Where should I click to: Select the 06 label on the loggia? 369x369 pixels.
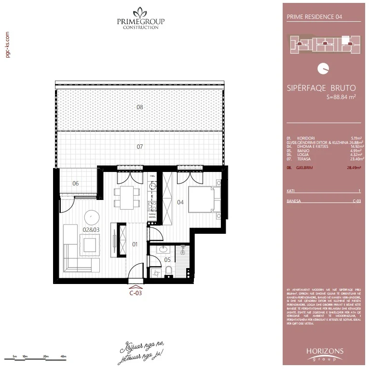(76, 183)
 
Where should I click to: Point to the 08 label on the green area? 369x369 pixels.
(139, 107)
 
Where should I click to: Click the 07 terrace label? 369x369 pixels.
(139, 146)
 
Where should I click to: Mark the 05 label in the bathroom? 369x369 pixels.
(167, 259)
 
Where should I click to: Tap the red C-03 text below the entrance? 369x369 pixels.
(135, 293)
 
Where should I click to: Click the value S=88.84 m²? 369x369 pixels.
(341, 97)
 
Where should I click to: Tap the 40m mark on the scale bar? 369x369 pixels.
(63, 356)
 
